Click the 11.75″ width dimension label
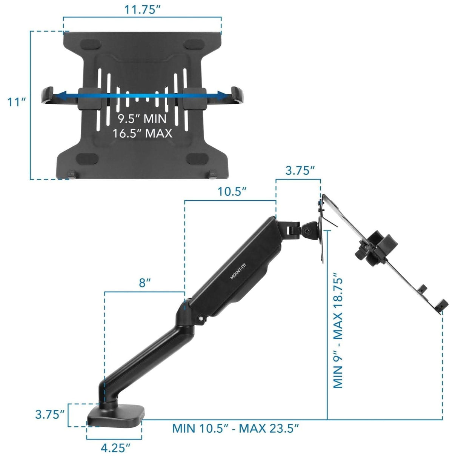[x=143, y=10]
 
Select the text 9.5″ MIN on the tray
[x=142, y=119]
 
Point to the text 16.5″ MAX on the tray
[x=142, y=133]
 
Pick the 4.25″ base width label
[x=115, y=448]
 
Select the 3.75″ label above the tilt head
[x=300, y=171]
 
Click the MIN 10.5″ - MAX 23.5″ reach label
[x=236, y=429]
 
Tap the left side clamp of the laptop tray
[x=48, y=96]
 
